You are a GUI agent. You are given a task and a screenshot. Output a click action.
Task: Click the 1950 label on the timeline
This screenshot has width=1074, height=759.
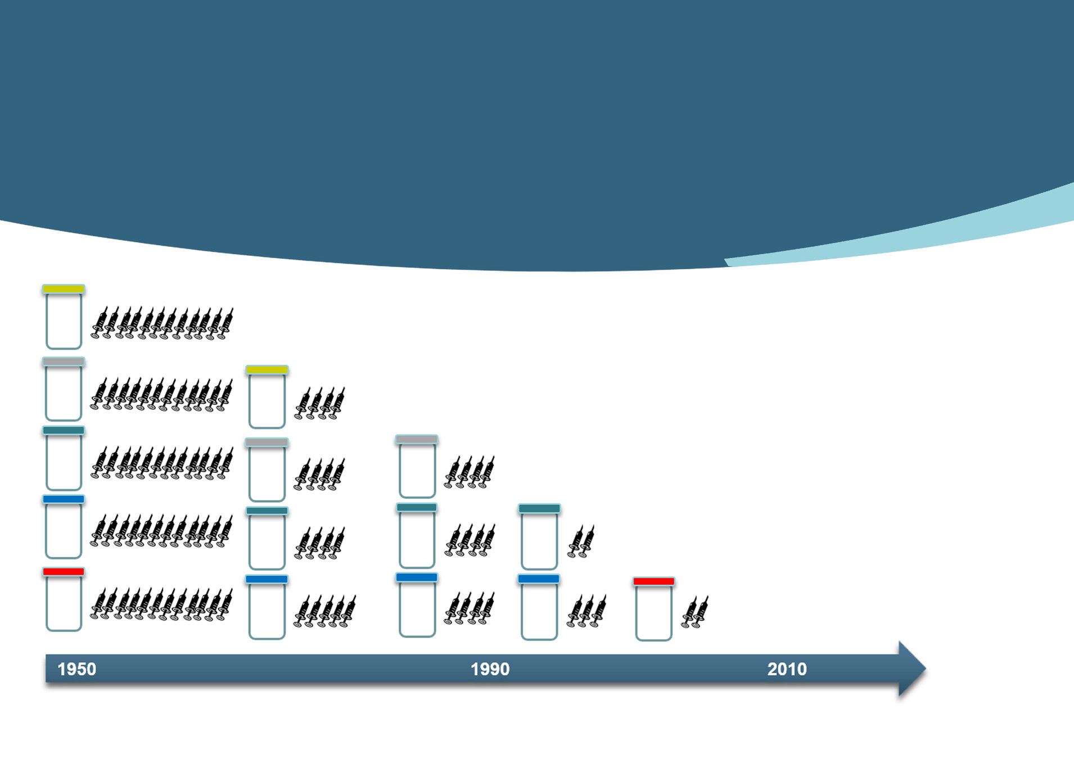[77, 669]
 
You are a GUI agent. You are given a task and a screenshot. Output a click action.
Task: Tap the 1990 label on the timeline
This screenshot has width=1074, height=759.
[490, 669]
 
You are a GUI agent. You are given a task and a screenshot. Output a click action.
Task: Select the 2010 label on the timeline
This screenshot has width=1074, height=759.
[787, 669]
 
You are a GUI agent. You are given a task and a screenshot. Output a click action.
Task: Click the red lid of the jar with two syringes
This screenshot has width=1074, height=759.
[653, 581]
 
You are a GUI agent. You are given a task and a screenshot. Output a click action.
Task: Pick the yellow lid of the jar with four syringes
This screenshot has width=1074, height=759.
[267, 370]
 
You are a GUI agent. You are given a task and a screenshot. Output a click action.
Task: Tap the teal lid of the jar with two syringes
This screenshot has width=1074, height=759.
[539, 509]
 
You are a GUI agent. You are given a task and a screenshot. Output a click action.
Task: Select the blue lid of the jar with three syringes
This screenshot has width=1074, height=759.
[539, 579]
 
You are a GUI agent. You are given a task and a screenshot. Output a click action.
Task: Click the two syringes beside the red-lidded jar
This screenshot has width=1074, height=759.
[695, 612]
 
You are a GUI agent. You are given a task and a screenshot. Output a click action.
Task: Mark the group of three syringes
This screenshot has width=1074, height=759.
[586, 611]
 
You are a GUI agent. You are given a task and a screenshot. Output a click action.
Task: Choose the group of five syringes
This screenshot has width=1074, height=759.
[325, 611]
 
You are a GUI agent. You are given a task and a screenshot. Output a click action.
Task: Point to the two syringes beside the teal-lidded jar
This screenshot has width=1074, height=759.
[581, 541]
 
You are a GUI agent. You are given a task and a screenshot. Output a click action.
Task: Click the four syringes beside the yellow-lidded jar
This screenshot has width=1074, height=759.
[319, 403]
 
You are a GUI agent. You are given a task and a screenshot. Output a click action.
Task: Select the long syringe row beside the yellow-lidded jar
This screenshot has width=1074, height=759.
[162, 323]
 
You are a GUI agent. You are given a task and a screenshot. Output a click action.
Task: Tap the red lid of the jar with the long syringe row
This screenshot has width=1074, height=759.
[64, 572]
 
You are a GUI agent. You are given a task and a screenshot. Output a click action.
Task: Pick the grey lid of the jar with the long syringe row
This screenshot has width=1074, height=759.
[64, 362]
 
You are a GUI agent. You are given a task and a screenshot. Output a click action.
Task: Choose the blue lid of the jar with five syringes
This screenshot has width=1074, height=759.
[267, 579]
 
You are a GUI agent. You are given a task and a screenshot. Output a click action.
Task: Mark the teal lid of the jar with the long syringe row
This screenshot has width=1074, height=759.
[64, 431]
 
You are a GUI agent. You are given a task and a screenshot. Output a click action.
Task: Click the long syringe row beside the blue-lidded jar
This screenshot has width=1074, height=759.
[161, 531]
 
